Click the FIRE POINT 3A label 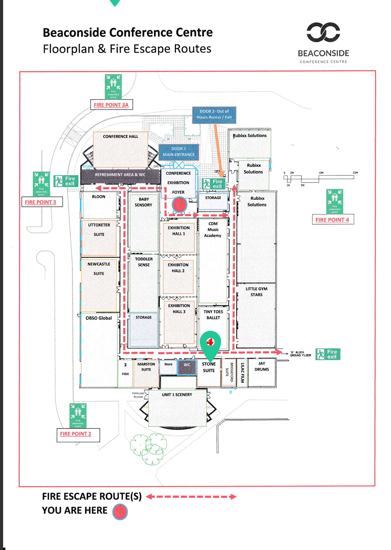pos(111,105)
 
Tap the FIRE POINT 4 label pos(332,220)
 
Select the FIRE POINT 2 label pos(76,434)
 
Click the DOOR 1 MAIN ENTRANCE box pos(179,152)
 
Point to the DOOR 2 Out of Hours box pos(214,114)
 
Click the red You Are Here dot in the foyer pos(179,205)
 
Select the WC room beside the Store pos(187,366)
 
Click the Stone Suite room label pos(209,367)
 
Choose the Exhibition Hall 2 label pos(178,268)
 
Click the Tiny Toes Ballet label pos(213,315)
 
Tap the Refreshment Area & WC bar pos(120,175)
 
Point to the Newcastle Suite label pos(99,269)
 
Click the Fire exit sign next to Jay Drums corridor pos(328,354)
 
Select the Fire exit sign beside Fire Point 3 pos(66,181)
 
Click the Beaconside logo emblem pos(323,32)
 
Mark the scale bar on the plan pos(319,178)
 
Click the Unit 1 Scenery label pos(177,395)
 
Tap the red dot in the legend pos(120,512)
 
